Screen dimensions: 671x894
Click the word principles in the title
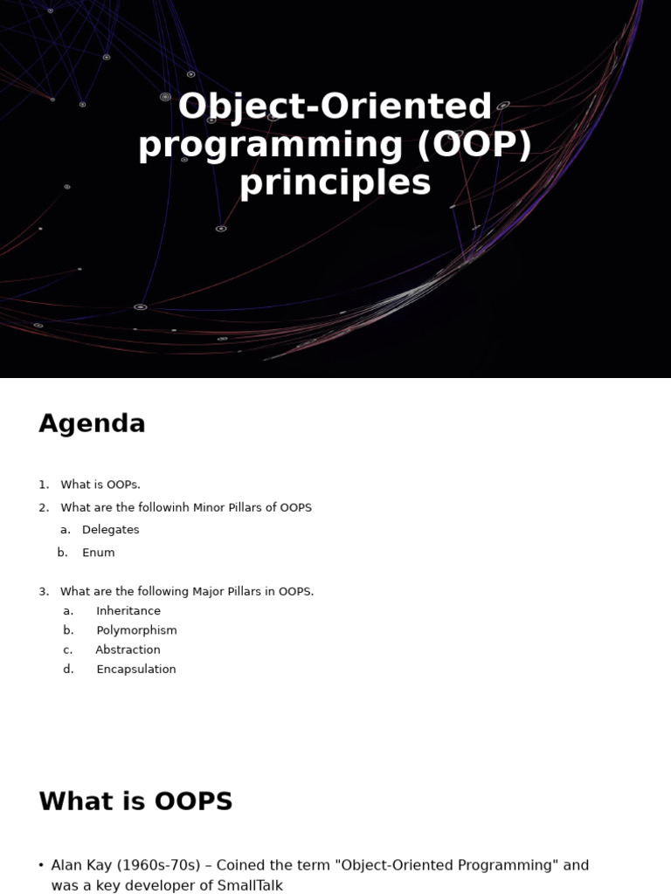[x=335, y=183]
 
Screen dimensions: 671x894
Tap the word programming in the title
[x=271, y=146]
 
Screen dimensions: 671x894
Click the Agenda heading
[x=92, y=424]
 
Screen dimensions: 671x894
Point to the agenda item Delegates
[x=111, y=530]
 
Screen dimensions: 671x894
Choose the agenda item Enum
[x=98, y=553]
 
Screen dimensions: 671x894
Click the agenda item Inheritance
[x=128, y=610]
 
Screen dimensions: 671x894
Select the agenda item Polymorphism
[x=136, y=630]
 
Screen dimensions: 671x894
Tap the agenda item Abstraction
[x=128, y=650]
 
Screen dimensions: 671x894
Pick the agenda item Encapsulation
[x=135, y=670]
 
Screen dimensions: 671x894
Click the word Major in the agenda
[x=208, y=592]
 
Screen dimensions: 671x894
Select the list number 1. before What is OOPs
[x=44, y=485]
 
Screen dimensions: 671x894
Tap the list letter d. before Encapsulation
[x=68, y=670]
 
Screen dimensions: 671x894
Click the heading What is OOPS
[x=135, y=801]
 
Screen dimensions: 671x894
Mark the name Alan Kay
[x=81, y=865]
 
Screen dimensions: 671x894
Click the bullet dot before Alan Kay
[x=41, y=865]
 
